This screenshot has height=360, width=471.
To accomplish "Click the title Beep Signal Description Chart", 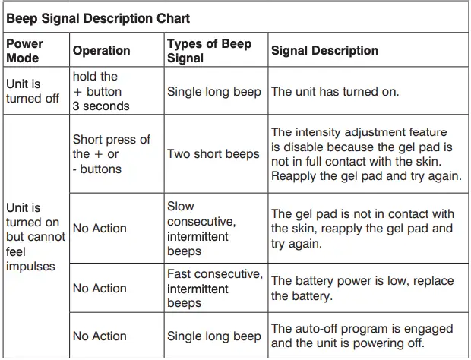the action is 98,18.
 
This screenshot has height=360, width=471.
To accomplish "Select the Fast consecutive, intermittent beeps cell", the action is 215,289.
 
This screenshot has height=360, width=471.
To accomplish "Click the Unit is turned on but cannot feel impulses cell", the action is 36,237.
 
